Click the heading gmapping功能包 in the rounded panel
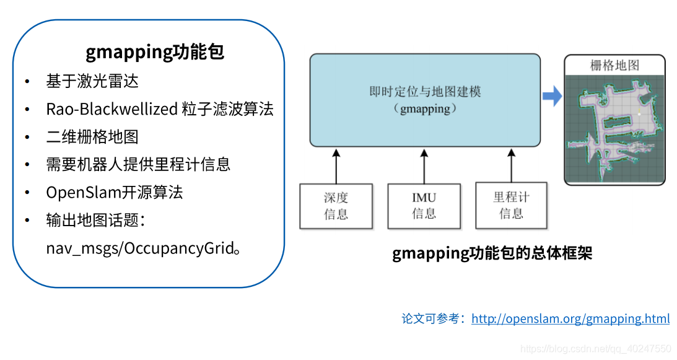coord(155,52)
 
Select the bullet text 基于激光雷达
coord(92,81)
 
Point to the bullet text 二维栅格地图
coord(92,137)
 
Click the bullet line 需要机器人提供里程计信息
coord(138,164)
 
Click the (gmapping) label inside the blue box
coord(425,108)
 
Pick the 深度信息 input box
coord(336,206)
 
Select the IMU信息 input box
coord(424,206)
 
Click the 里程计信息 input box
coord(511,205)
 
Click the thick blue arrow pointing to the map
coord(552,96)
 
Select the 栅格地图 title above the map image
coord(614,65)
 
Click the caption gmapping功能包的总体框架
coord(492,254)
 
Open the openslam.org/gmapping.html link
coord(570,319)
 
